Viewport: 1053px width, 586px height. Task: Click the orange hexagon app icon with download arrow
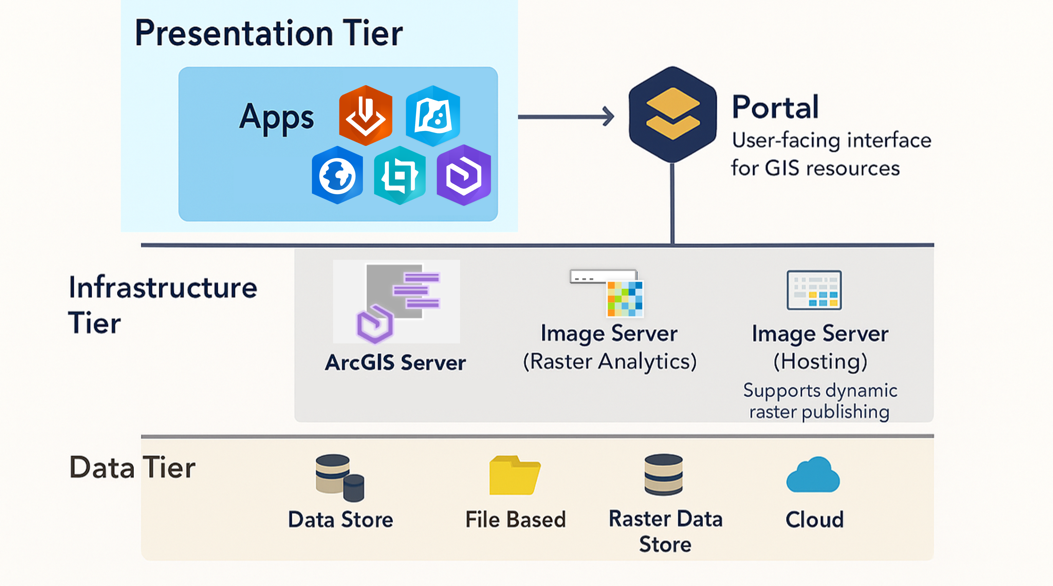coord(366,116)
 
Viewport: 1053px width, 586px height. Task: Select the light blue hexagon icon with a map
coord(433,116)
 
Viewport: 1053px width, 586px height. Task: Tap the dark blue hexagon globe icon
coord(337,175)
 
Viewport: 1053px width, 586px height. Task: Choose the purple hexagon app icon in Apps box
coord(464,175)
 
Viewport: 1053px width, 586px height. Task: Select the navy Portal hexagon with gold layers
coord(672,115)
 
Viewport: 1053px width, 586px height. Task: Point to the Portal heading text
coord(775,107)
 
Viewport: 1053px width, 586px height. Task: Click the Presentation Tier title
coord(269,34)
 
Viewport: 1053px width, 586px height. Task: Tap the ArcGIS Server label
coord(395,362)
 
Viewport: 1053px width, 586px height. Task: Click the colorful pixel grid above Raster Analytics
coord(625,299)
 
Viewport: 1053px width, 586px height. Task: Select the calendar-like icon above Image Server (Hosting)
coord(814,290)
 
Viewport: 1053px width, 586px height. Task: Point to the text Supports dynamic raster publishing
coord(819,401)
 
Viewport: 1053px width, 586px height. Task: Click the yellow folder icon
coord(515,476)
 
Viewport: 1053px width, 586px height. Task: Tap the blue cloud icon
coord(813,475)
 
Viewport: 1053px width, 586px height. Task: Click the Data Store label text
coord(340,520)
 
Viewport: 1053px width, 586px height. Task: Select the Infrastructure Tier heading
coord(162,304)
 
